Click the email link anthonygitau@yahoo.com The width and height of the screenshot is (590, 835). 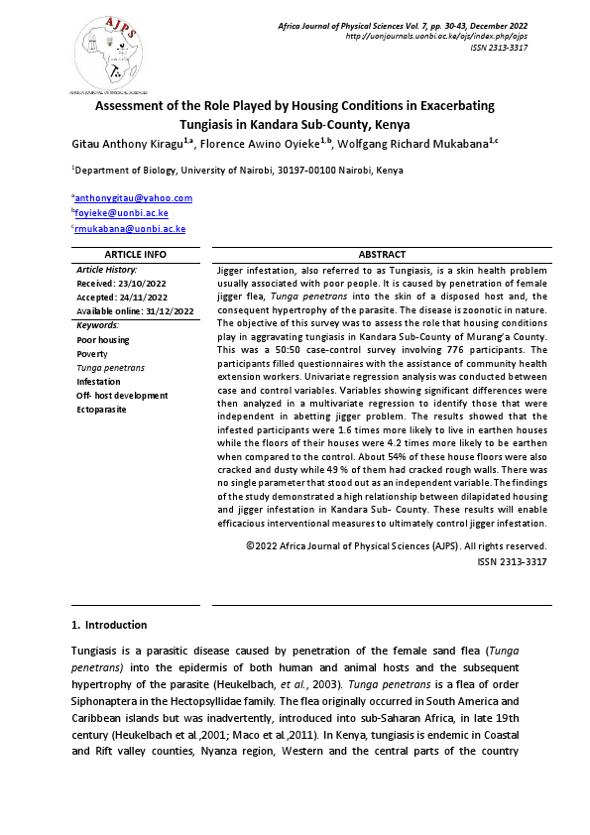[x=135, y=197]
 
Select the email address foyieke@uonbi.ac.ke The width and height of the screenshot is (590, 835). [x=124, y=213]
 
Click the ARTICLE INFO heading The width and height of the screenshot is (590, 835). [x=138, y=254]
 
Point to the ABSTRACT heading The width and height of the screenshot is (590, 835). [x=381, y=254]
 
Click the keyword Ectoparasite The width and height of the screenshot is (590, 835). [x=101, y=410]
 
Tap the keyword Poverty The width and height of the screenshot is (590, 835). [x=93, y=353]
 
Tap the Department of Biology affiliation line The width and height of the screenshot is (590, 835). [x=238, y=171]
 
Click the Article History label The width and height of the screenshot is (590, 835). [x=107, y=270]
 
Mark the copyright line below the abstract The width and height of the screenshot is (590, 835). [x=396, y=545]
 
